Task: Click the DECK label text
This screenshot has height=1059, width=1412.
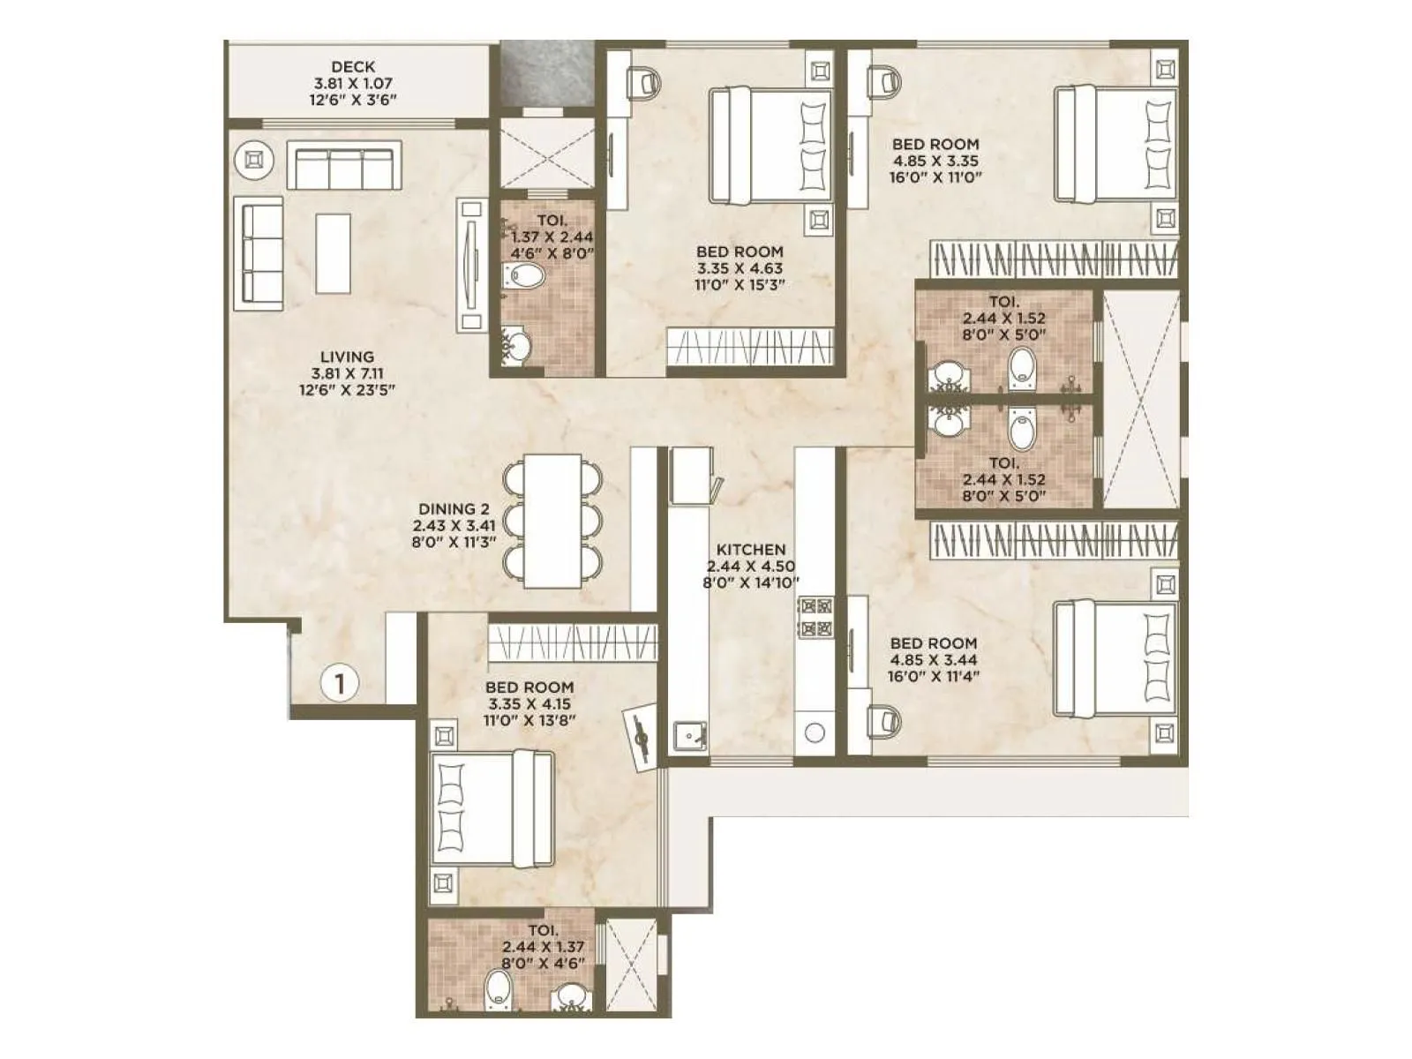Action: [x=353, y=66]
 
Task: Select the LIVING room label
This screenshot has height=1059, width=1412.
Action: [x=347, y=357]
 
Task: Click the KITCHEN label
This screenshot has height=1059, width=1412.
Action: [x=751, y=549]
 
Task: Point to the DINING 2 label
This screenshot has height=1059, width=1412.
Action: [x=454, y=509]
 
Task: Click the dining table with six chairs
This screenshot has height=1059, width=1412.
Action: [x=552, y=522]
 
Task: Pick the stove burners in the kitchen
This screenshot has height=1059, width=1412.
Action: [x=815, y=617]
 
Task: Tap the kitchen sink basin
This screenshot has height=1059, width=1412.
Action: [x=688, y=734]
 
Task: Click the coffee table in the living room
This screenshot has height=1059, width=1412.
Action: [x=334, y=253]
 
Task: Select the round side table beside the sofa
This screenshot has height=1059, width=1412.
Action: [x=253, y=160]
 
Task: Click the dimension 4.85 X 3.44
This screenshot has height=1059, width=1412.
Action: [x=934, y=660]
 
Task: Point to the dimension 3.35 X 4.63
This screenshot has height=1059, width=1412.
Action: [x=740, y=268]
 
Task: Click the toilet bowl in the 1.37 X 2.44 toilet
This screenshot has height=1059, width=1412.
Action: [x=526, y=277]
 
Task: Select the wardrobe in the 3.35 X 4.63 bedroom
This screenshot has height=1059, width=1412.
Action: [x=749, y=345]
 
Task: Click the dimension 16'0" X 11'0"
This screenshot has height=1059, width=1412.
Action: [x=935, y=177]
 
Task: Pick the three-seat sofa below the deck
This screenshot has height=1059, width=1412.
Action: [x=343, y=166]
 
